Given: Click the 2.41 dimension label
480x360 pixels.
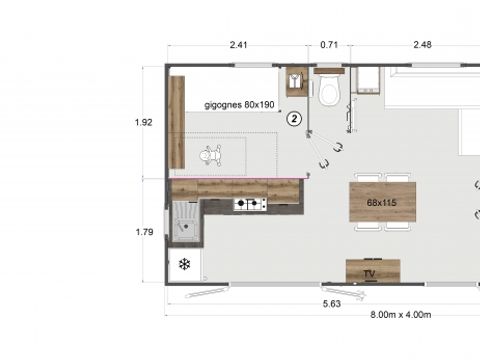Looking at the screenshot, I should [x=238, y=44].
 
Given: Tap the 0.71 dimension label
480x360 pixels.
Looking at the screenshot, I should [x=329, y=44].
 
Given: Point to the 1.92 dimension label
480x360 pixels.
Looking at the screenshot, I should [x=143, y=122].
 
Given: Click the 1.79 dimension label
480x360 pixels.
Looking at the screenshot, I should [x=143, y=232].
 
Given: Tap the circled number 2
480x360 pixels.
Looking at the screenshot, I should [x=294, y=117].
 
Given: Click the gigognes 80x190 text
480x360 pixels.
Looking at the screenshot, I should [x=239, y=103].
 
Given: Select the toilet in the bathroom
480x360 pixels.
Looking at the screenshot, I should [x=330, y=91].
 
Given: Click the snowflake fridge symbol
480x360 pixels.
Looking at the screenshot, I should [x=184, y=264].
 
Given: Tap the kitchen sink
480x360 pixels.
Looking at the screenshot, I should [x=185, y=222].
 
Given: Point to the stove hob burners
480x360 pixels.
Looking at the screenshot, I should [x=250, y=205].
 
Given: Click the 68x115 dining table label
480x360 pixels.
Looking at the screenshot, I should [x=382, y=202].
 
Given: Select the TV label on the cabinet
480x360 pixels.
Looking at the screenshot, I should [x=369, y=272].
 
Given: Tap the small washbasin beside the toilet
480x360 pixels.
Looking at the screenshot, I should [x=297, y=81].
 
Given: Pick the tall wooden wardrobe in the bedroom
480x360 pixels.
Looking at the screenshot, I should [x=177, y=122].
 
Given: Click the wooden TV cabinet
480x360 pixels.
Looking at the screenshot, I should [x=373, y=271].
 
